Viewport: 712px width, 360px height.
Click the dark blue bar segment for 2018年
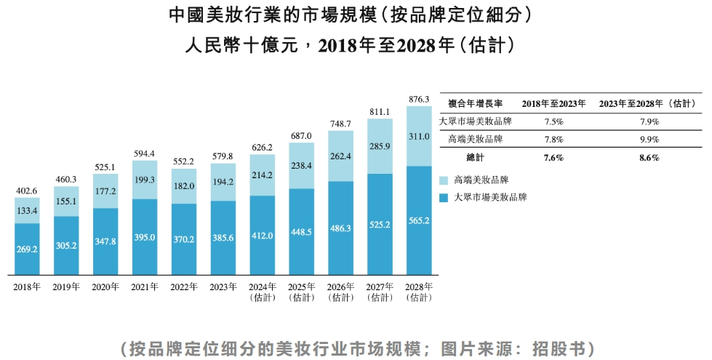click(27, 248)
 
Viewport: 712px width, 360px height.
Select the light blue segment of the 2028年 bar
click(419, 136)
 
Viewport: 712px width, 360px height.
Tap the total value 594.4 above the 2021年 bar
click(145, 153)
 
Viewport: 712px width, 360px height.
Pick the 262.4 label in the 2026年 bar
click(340, 156)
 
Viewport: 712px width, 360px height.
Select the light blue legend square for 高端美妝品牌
click(444, 179)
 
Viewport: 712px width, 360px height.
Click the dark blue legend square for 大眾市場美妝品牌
click(444, 197)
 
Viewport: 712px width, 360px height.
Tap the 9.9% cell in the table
click(649, 139)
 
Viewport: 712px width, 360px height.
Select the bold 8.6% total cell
click(649, 157)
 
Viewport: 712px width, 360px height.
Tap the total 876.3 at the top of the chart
click(419, 99)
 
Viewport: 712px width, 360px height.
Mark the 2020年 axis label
click(105, 287)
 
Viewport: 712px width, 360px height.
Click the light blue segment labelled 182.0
click(184, 186)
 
